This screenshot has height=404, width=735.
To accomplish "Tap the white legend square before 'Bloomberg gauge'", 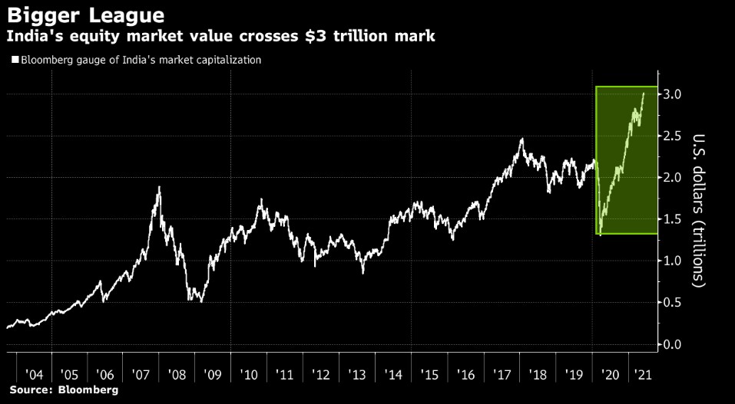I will (15, 60).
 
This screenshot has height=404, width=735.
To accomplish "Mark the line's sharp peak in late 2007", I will (159, 187).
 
